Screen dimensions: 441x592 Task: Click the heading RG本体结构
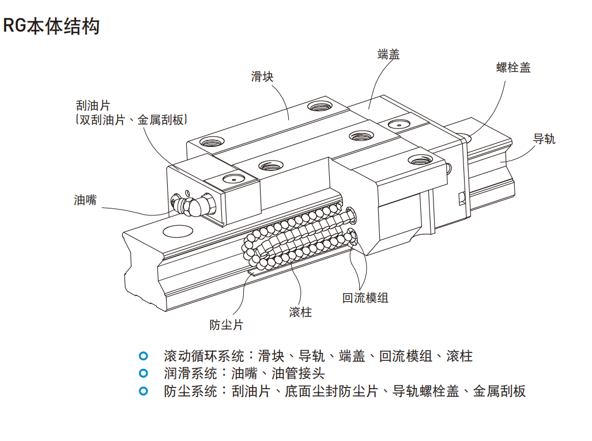tap(51, 26)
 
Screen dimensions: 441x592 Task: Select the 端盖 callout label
tap(389, 55)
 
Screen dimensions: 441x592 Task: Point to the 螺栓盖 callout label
tap(513, 68)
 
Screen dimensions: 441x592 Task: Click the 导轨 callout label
tap(544, 139)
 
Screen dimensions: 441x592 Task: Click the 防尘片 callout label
tap(226, 325)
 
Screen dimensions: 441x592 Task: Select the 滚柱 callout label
tap(300, 312)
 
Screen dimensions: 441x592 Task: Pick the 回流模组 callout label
tap(365, 298)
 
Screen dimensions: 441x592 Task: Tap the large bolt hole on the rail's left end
tap(178, 231)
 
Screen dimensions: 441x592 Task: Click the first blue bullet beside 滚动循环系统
tap(144, 356)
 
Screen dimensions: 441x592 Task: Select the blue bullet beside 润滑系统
tap(144, 373)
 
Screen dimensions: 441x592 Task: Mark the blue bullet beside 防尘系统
tap(144, 391)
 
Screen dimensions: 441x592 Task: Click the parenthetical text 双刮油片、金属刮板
tap(133, 120)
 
